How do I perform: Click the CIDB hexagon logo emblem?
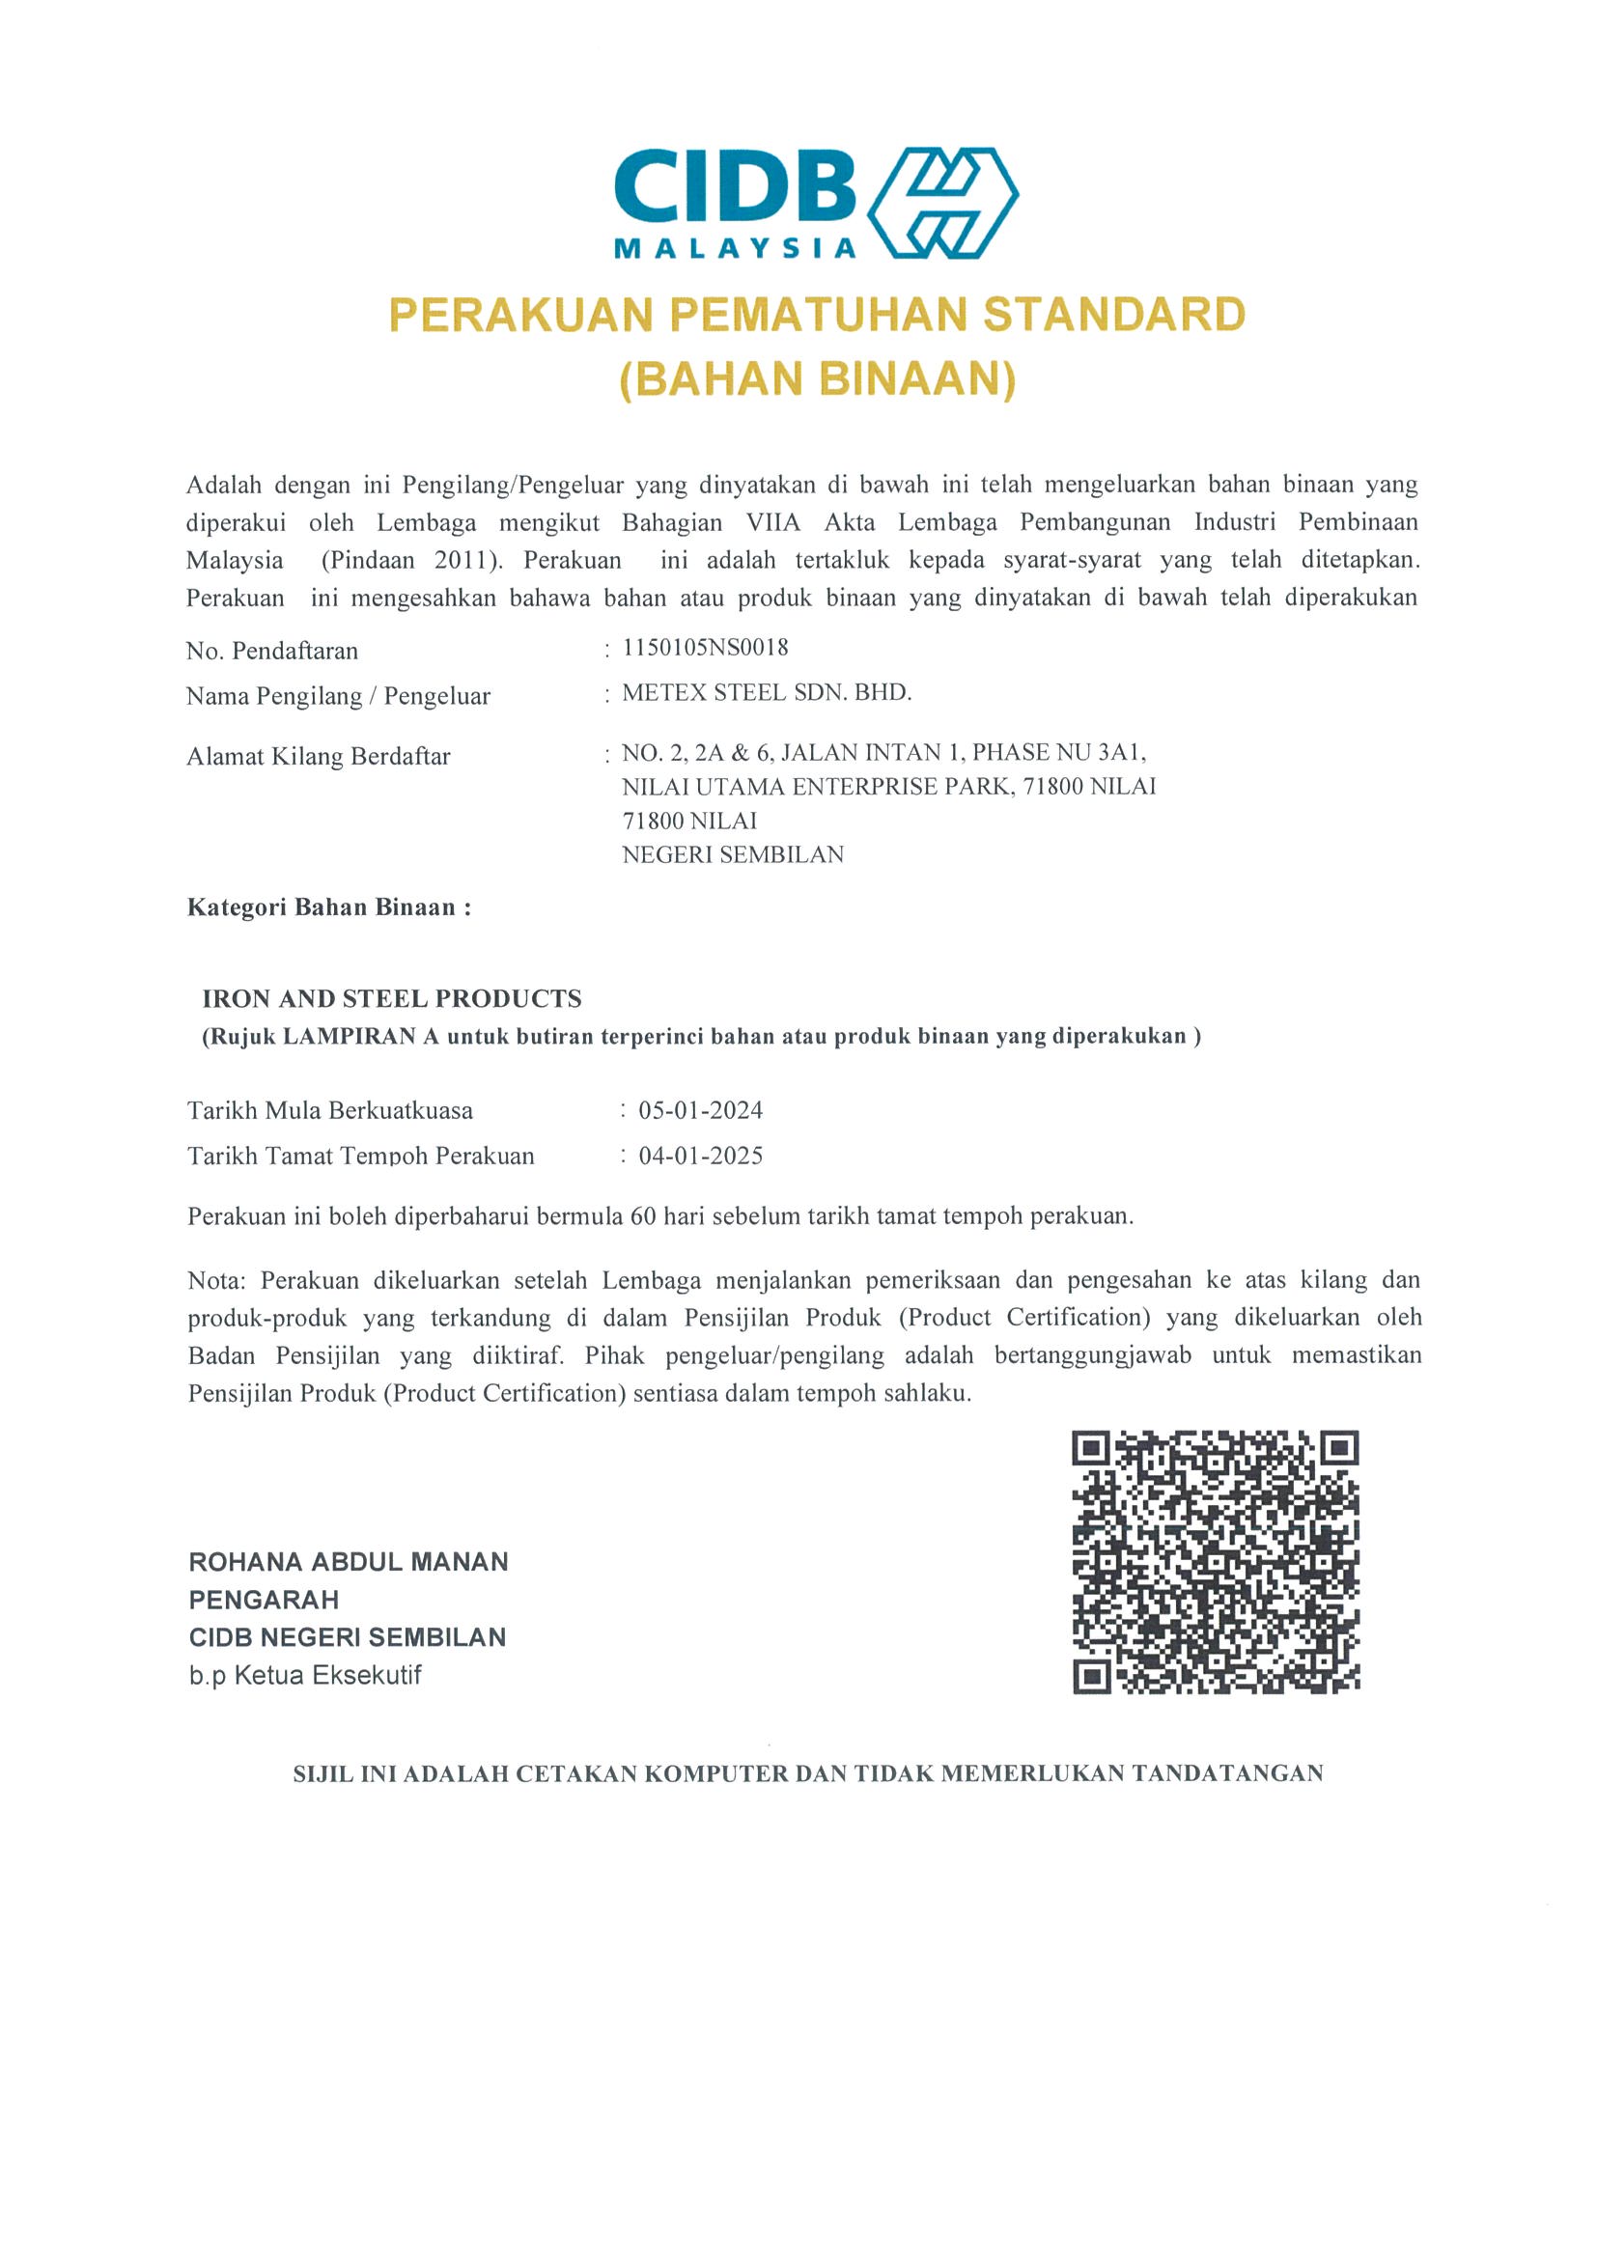tap(942, 203)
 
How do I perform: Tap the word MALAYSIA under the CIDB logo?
tap(735, 249)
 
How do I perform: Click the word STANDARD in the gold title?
tap(1114, 315)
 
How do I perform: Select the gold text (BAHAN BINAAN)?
tap(817, 379)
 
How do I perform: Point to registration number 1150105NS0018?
tap(706, 648)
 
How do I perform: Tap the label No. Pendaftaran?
tap(271, 651)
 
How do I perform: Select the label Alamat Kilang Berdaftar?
tap(318, 757)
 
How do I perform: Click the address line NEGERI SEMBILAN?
tap(733, 855)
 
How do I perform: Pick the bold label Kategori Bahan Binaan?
tap(328, 907)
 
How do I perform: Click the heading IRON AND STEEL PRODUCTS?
tap(392, 998)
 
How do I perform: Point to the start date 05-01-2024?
tap(701, 1111)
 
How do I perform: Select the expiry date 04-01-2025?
tap(701, 1157)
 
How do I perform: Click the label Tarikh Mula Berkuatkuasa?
tap(329, 1111)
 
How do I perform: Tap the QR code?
tap(1216, 1562)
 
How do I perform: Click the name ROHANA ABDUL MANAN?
tap(349, 1562)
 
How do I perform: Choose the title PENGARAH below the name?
tap(264, 1600)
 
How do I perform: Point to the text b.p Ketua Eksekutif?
tap(305, 1676)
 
